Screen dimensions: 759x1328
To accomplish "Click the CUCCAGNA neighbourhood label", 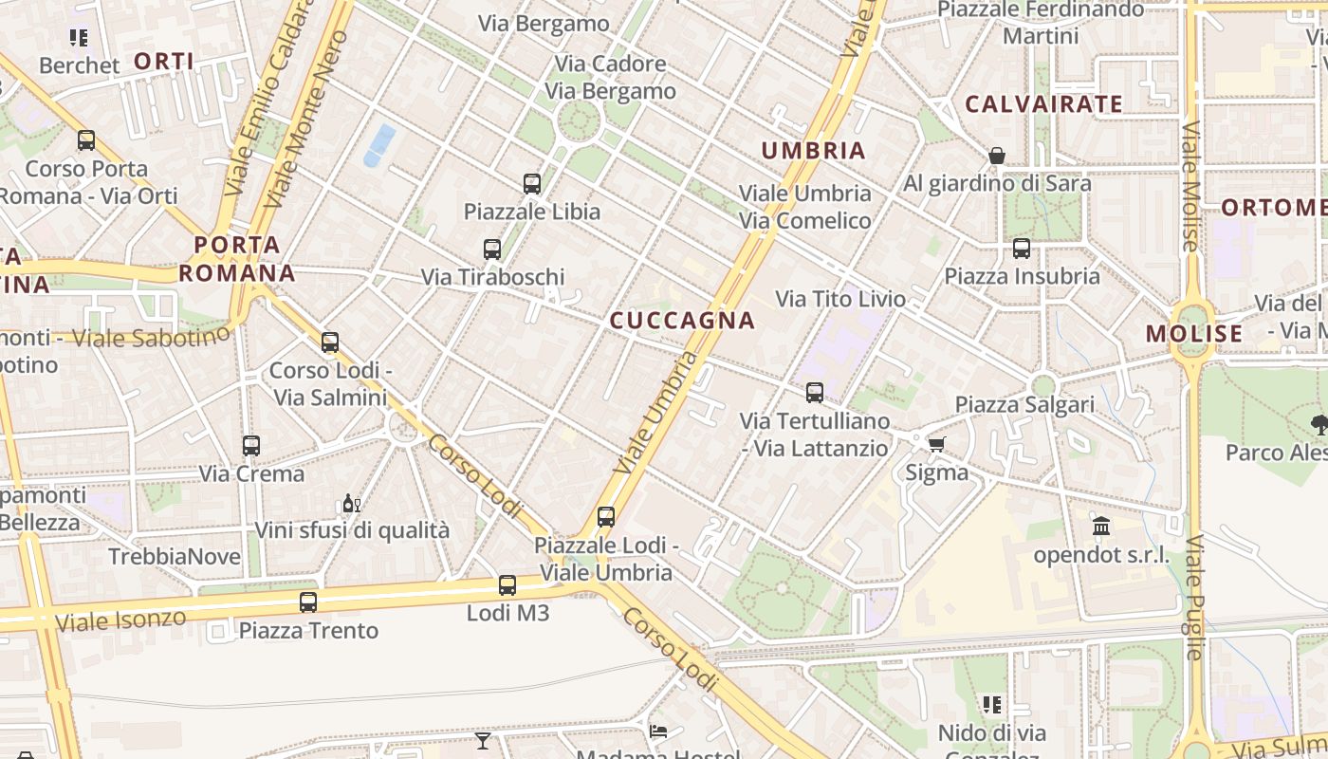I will [682, 321].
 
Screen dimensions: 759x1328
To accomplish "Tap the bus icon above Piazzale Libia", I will [532, 184].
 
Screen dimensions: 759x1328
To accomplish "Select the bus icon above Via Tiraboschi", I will [492, 250].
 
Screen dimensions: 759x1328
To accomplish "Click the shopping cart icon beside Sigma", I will [937, 444].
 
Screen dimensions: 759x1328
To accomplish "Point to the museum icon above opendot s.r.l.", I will [1101, 526].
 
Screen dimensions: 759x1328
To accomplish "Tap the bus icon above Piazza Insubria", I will [1022, 249].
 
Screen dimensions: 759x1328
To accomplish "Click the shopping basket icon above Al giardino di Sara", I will [997, 156].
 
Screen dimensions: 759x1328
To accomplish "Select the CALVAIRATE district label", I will [1043, 104].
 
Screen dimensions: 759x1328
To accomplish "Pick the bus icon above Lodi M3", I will [507, 585].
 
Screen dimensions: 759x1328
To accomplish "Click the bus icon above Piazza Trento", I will [308, 602].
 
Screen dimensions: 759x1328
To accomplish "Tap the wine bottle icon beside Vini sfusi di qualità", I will [351, 503].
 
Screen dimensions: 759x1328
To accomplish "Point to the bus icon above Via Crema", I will [251, 445].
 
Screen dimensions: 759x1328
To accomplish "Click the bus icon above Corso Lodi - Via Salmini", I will [330, 342].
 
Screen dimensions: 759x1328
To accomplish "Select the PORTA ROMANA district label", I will [237, 259].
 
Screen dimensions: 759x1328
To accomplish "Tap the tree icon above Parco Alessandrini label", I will [1319, 424].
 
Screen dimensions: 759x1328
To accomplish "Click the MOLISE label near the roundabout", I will [1193, 334].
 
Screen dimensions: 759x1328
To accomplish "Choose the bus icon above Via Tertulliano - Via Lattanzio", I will [815, 393].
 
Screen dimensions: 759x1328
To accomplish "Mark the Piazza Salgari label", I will [1024, 405].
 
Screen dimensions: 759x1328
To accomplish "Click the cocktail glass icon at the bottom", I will [483, 740].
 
